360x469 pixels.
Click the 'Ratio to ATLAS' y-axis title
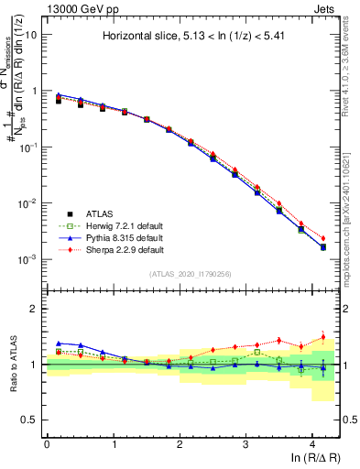point(12,365)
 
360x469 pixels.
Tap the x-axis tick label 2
point(180,443)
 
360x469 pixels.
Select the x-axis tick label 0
point(47,443)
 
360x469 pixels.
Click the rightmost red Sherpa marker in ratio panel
point(322,337)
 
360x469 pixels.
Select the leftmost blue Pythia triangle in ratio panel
point(59,343)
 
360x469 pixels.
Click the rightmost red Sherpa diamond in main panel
point(322,238)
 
